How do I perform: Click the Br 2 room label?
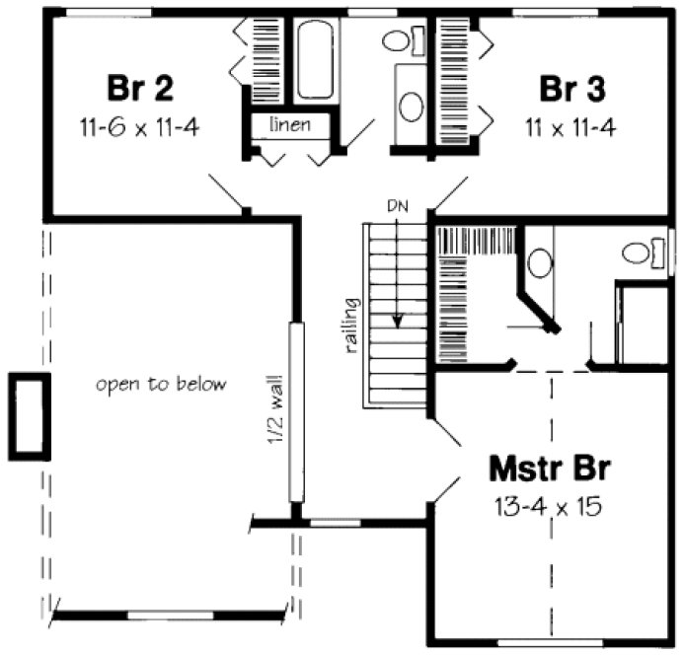tap(140, 88)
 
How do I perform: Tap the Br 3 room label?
tap(572, 88)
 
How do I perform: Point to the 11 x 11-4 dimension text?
tap(572, 127)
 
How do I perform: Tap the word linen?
tap(289, 125)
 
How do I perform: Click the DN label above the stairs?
tap(397, 208)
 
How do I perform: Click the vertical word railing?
tap(350, 325)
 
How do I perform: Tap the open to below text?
tap(161, 384)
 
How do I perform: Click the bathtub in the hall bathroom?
tap(315, 58)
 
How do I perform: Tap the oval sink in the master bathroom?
tap(539, 262)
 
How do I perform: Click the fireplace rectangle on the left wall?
tap(29, 416)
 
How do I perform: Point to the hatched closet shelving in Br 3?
tap(455, 79)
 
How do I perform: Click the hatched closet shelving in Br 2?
tap(265, 59)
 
